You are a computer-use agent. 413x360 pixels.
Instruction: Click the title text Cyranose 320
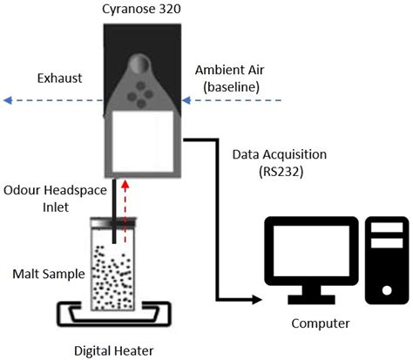[142, 10]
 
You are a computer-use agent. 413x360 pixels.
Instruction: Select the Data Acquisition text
[279, 153]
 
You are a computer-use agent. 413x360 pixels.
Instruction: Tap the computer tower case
[385, 256]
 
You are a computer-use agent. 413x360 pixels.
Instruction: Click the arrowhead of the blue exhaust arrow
[6, 100]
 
